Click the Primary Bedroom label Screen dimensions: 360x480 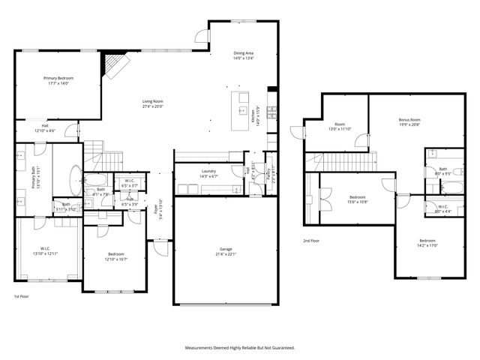(x=58, y=80)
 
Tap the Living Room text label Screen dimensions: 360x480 (x=153, y=103)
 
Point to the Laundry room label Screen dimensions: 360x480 (x=208, y=174)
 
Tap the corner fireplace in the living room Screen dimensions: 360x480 (x=113, y=64)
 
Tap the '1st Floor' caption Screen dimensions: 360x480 (x=22, y=296)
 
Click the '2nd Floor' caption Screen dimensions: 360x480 (x=310, y=241)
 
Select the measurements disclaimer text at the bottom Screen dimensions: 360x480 (x=240, y=348)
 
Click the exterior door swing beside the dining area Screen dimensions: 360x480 (x=201, y=36)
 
